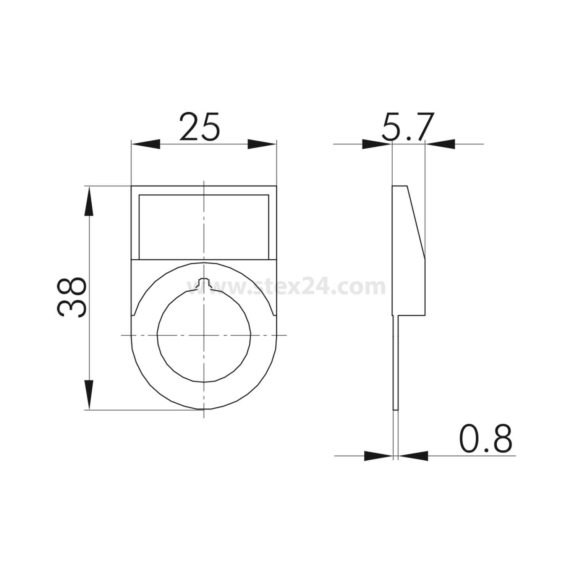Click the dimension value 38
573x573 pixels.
coord(71,298)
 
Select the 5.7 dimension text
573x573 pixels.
coord(408,127)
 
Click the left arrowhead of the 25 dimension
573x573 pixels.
coord(146,144)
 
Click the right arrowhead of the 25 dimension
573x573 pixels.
coord(262,144)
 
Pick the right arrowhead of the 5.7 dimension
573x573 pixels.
coord(440,144)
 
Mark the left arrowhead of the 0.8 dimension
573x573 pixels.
coord(378,455)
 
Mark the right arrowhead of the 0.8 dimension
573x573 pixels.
coord(413,455)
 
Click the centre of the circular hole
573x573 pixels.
coord(204,335)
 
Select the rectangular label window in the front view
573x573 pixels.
coord(204,227)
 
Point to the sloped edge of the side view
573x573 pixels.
coord(416,222)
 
